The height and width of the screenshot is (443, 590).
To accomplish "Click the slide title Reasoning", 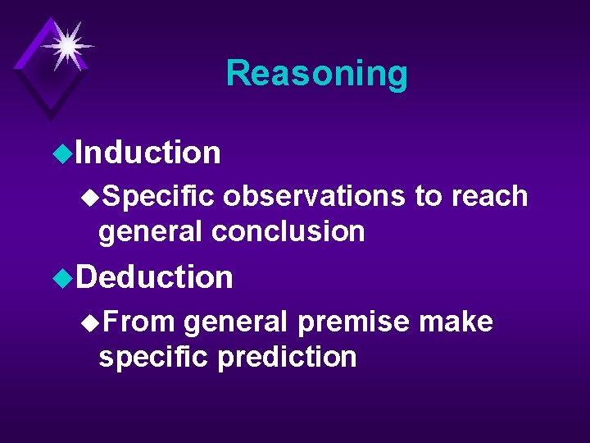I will tap(316, 73).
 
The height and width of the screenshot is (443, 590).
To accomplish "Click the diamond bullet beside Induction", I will tap(57, 153).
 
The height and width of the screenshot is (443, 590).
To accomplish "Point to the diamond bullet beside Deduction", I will tap(57, 277).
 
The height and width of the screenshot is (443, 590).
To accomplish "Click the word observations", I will tap(313, 196).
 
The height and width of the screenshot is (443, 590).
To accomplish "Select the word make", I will tap(456, 322).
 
